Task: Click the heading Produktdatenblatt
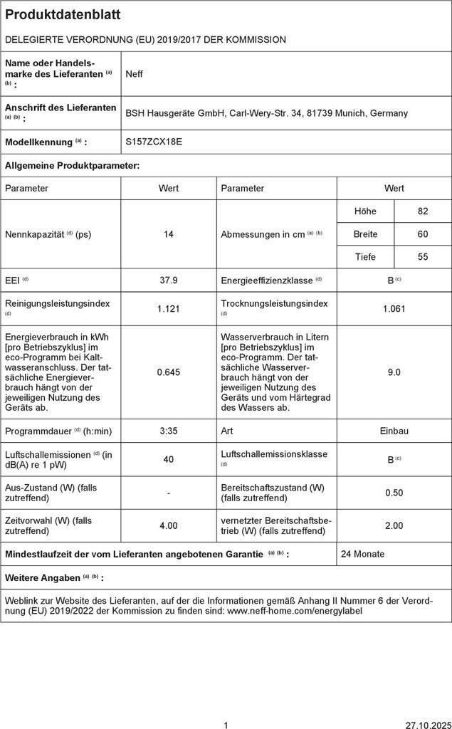[63, 15]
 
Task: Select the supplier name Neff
[134, 73]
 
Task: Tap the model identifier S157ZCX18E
[154, 142]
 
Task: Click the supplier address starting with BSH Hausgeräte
[266, 112]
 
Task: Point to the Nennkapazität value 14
[169, 234]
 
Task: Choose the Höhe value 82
[423, 211]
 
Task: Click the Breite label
[365, 234]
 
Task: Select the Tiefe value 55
[423, 257]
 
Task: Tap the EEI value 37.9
[169, 280]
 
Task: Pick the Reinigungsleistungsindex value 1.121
[169, 308]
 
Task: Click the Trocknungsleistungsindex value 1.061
[394, 308]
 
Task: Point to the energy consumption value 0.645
[169, 372]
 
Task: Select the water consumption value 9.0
[394, 372]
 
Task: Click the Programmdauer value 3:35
[169, 431]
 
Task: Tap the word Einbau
[394, 431]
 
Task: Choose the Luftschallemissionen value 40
[169, 459]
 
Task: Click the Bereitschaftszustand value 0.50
[394, 493]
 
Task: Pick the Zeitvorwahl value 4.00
[169, 525]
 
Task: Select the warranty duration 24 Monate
[363, 554]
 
